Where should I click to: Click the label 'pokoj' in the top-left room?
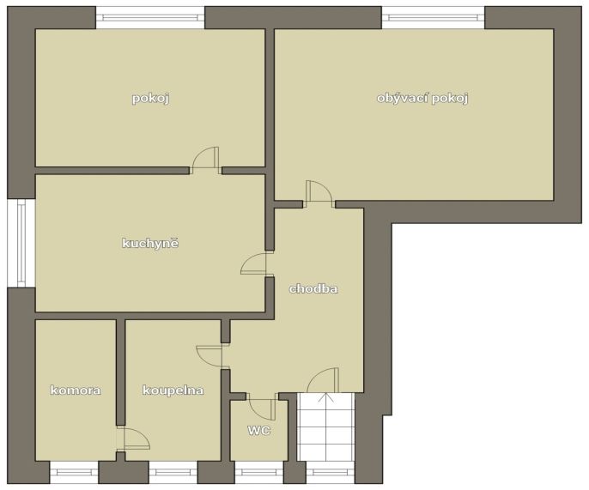tap(150, 99)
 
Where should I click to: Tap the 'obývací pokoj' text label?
tap(422, 99)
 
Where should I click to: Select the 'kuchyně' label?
tap(150, 243)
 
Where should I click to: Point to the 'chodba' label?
tap(313, 288)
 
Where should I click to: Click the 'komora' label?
tap(76, 390)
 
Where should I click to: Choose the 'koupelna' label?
tap(173, 390)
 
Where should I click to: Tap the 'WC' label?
tap(259, 430)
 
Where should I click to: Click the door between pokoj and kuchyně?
tap(205, 160)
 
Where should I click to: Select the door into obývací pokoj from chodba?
tap(319, 194)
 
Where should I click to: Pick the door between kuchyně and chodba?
tap(253, 263)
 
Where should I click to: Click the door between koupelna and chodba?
tap(209, 356)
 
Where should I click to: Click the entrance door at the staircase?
tap(323, 380)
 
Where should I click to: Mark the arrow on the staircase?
tap(325, 397)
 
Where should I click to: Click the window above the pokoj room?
tap(150, 17)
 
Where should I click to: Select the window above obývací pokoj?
tap(433, 17)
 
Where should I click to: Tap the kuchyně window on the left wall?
tap(21, 244)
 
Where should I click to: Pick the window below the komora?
tap(74, 472)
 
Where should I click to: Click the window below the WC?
tap(258, 472)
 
